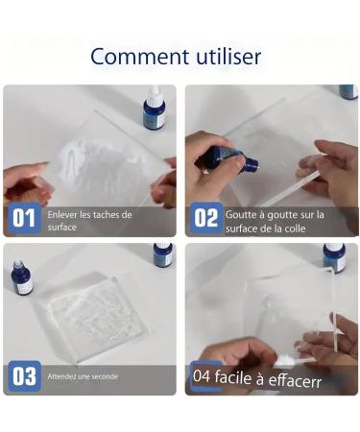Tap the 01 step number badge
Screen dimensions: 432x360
pos(24,219)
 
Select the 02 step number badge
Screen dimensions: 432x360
pos(205,219)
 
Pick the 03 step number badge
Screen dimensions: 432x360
pos(24,376)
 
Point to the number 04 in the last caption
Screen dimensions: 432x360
pos(201,377)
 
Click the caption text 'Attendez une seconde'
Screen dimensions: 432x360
pos(84,376)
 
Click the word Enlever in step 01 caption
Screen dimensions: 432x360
pos(61,214)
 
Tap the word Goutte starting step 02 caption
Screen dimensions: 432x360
pos(243,214)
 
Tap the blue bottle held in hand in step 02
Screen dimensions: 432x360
pos(226,159)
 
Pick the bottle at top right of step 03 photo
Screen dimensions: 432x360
pos(163,253)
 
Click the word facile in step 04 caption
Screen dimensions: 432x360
pos(238,377)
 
